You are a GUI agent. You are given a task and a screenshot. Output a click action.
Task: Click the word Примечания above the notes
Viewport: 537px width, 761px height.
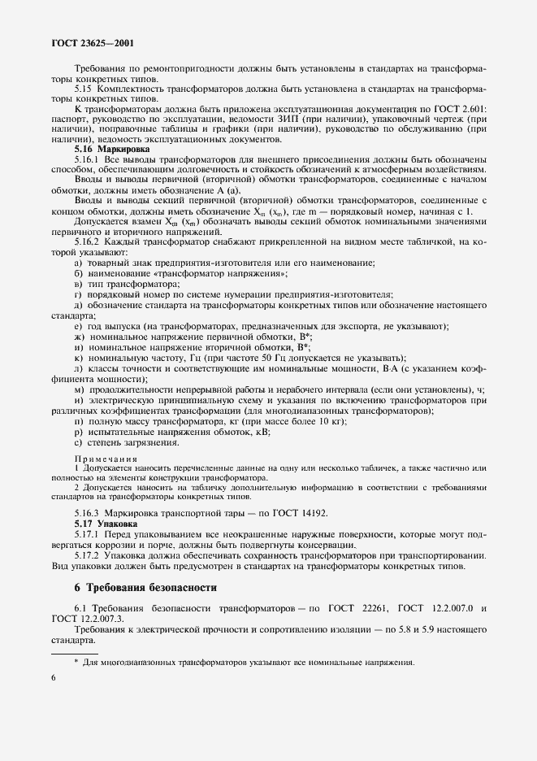tap(102, 459)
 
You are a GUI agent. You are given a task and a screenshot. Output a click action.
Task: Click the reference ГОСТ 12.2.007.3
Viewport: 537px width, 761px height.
tap(84, 619)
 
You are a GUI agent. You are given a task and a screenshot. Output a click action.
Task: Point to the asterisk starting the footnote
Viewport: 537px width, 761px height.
tap(76, 661)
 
